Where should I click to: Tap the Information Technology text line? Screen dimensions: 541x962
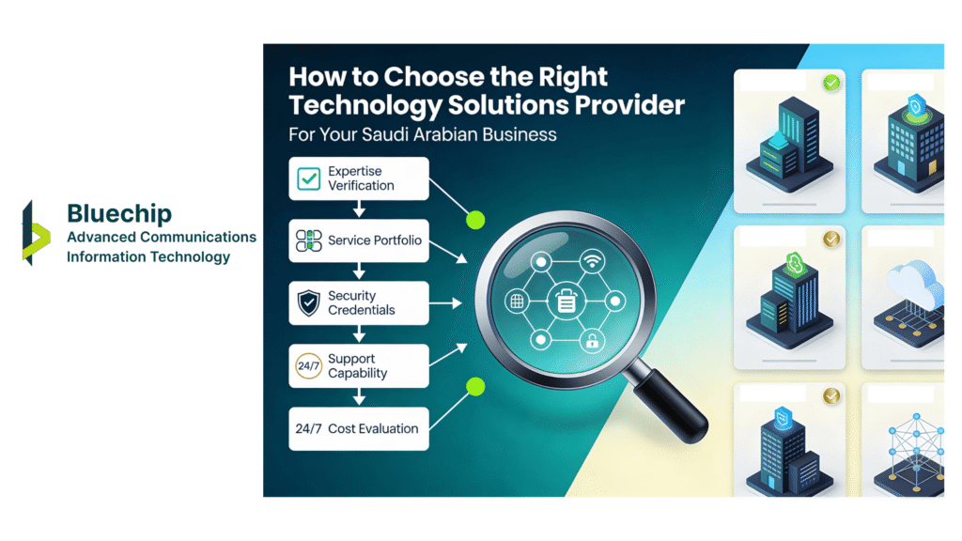click(x=147, y=256)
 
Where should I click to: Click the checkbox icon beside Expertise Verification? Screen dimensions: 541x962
click(x=308, y=178)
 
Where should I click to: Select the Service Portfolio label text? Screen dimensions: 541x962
click(x=375, y=240)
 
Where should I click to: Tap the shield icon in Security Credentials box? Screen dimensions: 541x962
click(x=308, y=302)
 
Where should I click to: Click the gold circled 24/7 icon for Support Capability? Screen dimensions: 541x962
click(x=308, y=366)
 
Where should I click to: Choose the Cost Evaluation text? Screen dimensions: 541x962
click(x=373, y=428)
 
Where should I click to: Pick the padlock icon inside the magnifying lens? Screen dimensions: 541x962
click(x=591, y=339)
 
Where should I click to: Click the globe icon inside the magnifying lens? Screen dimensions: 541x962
click(x=516, y=301)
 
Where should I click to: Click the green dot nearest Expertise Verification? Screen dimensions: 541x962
click(x=475, y=221)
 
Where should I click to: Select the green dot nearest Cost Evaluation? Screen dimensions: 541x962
click(x=475, y=385)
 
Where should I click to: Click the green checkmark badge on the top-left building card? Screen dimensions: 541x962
click(x=831, y=84)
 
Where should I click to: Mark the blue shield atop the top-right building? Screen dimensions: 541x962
click(x=917, y=103)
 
